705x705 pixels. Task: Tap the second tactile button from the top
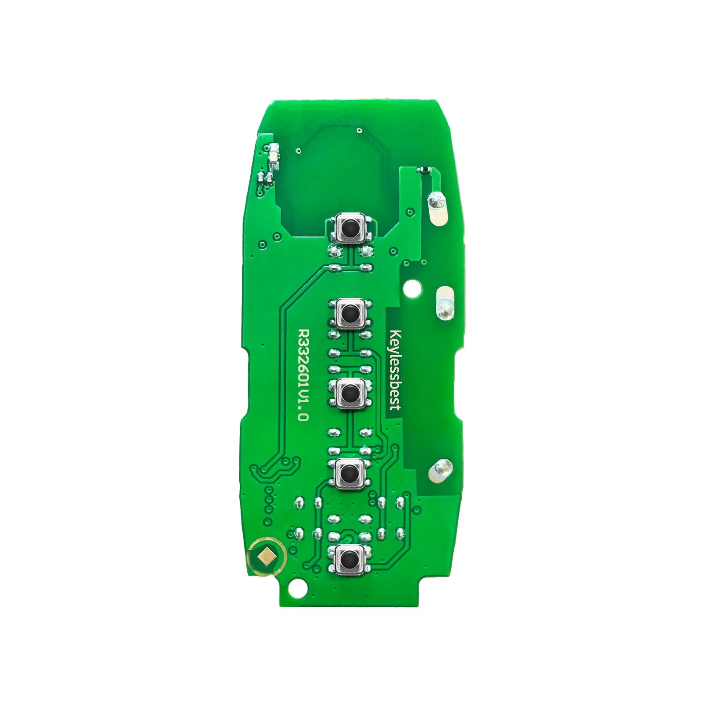(x=350, y=313)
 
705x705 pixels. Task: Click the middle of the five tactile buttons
(x=350, y=393)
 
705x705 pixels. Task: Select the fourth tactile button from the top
(x=350, y=474)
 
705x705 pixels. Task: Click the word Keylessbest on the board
(x=395, y=370)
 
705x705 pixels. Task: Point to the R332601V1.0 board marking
(x=302, y=375)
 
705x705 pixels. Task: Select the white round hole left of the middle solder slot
(x=413, y=289)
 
